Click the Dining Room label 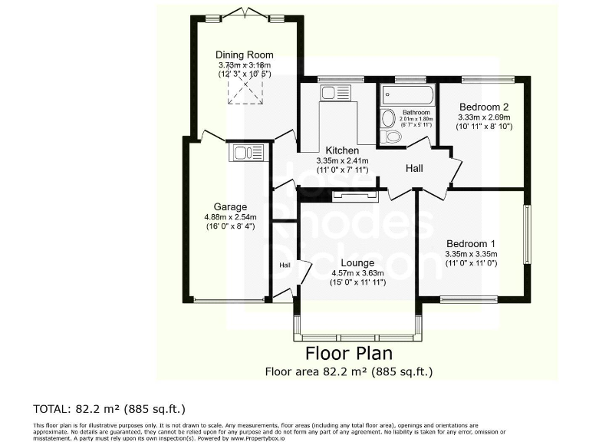245,54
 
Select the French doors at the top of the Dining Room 245,15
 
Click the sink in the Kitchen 329,94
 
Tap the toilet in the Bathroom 390,137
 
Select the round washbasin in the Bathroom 387,119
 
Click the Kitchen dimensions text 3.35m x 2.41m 342,161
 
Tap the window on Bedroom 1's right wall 528,233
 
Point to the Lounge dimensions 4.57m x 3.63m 357,273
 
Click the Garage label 230,207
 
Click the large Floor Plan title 349,354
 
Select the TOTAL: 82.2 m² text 109,408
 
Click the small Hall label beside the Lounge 285,265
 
